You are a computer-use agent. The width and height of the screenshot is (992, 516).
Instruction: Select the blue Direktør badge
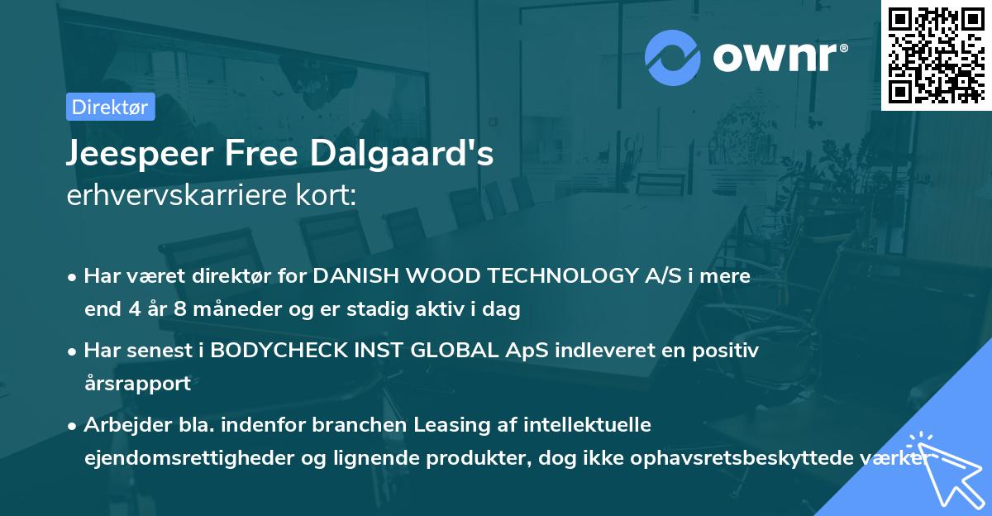pyautogui.click(x=111, y=107)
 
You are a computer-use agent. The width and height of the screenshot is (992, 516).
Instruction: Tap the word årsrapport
pyautogui.click(x=137, y=384)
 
